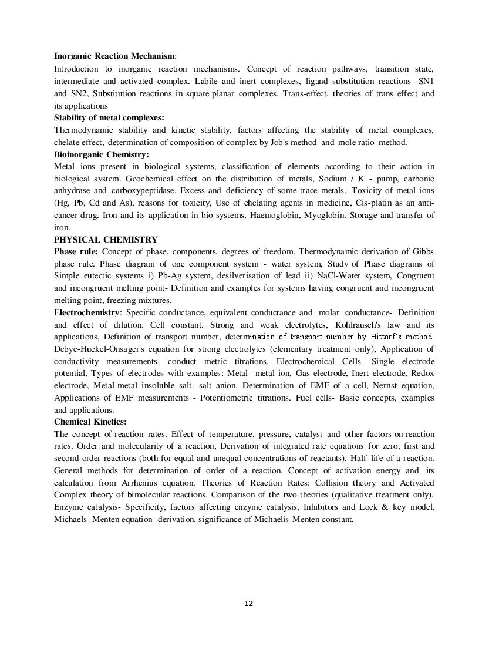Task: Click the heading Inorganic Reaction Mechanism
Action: tap(114, 56)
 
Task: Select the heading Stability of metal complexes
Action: tap(109, 117)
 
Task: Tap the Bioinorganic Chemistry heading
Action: tap(101, 154)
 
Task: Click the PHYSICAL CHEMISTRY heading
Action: tap(106, 240)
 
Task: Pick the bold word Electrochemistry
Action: tap(86, 312)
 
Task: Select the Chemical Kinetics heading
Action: tap(90, 422)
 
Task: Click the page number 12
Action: tap(248, 603)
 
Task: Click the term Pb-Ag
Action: tap(203, 276)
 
